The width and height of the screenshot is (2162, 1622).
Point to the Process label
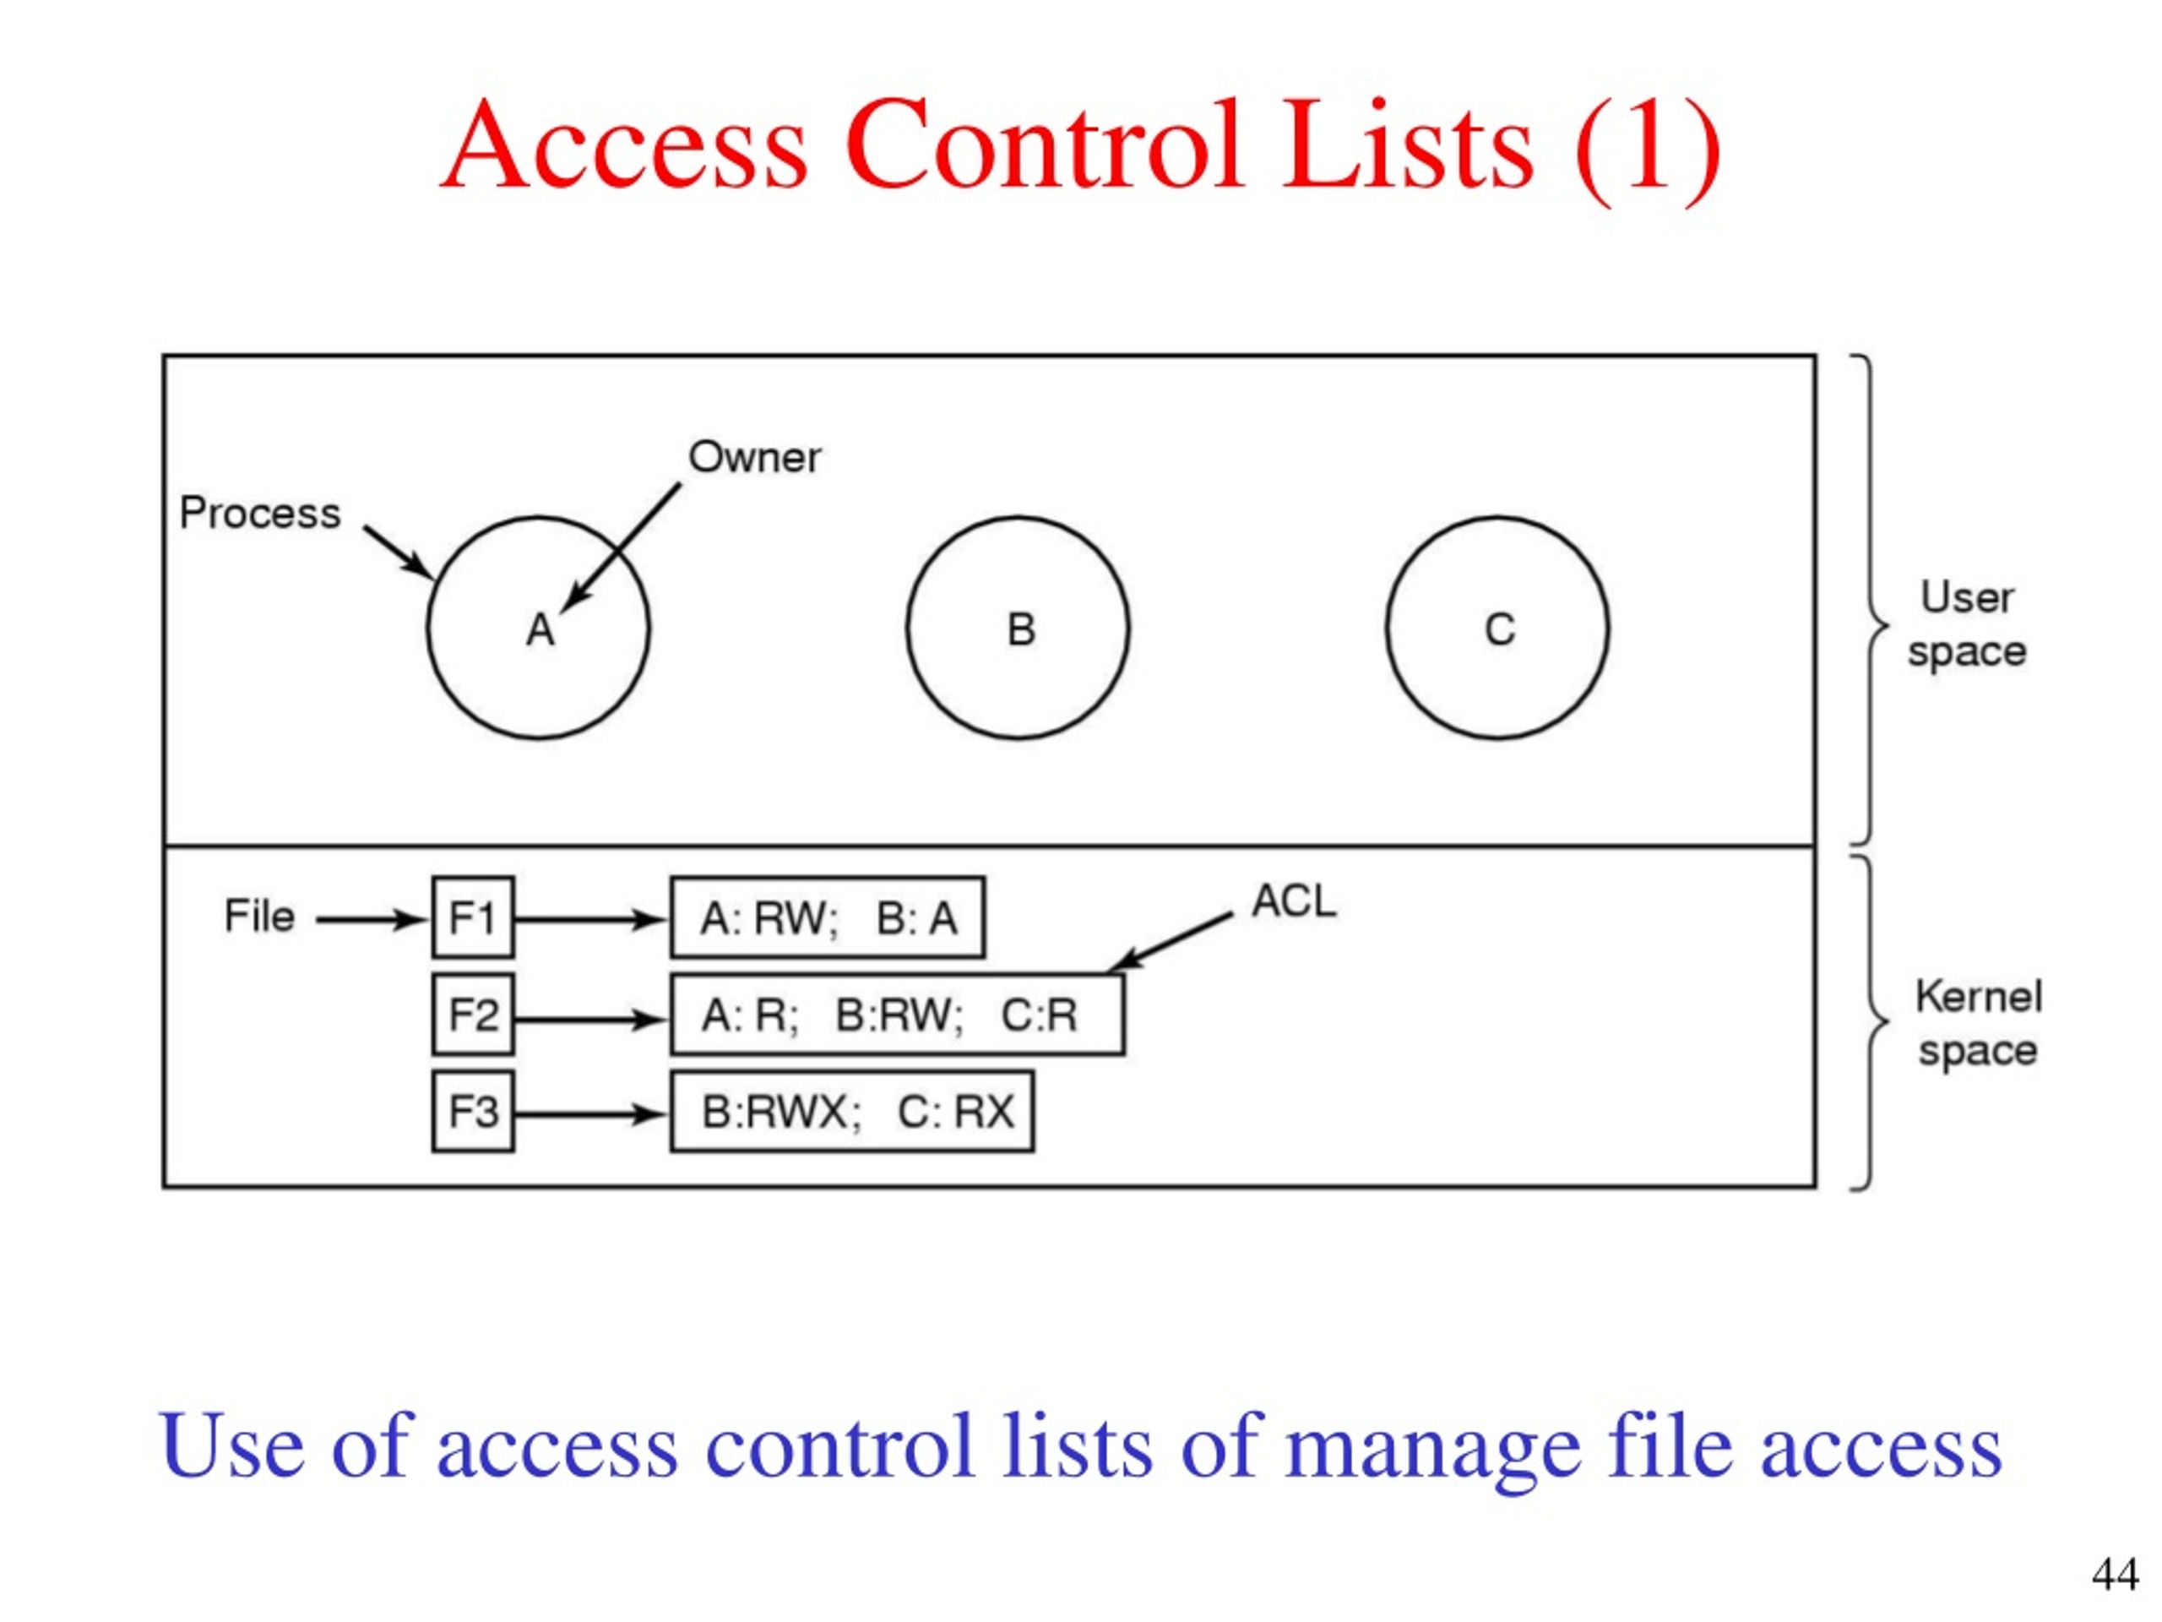(260, 514)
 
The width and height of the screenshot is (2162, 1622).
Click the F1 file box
(473, 917)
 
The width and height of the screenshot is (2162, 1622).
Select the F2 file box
(473, 1014)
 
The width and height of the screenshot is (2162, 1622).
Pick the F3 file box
(473, 1112)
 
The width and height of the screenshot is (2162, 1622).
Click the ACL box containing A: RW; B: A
(827, 917)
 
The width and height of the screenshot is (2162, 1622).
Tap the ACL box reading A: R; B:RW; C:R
(897, 1014)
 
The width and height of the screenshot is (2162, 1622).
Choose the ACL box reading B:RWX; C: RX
(852, 1112)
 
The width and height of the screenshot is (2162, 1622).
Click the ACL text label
(1293, 901)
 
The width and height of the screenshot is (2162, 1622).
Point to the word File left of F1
(259, 916)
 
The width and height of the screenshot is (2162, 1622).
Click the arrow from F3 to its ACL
(590, 1113)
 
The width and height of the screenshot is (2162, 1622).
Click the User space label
(1967, 623)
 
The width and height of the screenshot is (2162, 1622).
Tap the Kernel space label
(1977, 1023)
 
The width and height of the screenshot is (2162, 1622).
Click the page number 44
(2114, 1574)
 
